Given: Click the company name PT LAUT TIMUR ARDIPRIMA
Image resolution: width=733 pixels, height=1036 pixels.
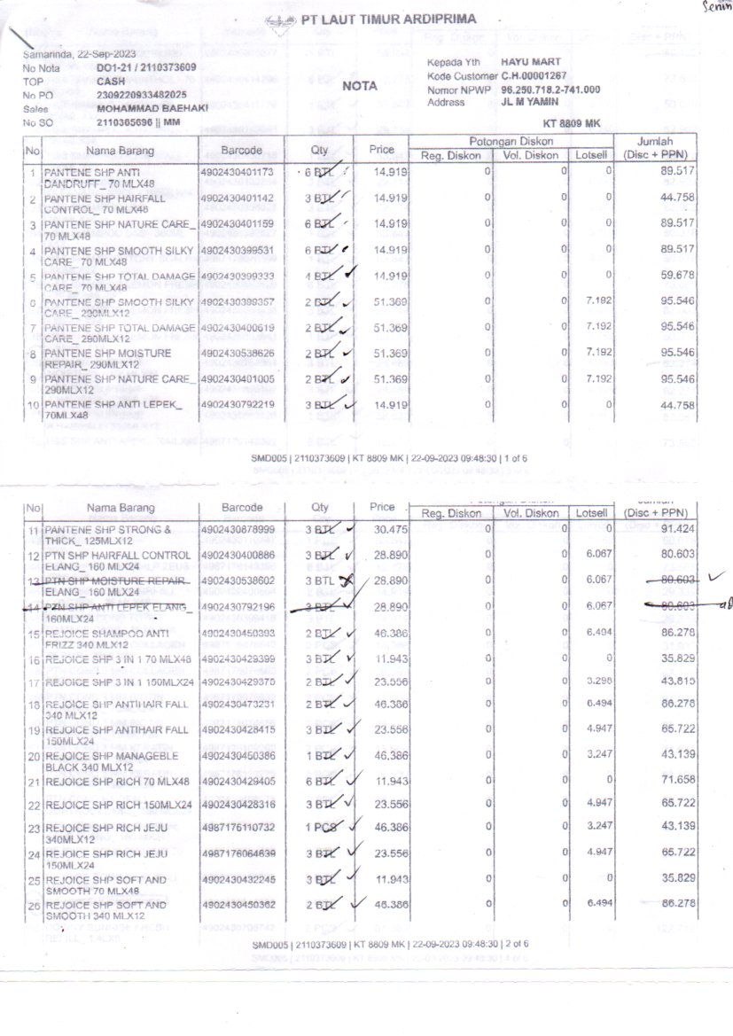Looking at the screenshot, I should [x=388, y=19].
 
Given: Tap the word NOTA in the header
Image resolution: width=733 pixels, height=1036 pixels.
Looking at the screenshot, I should [x=360, y=86].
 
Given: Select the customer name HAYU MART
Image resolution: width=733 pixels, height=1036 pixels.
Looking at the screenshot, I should [x=531, y=62].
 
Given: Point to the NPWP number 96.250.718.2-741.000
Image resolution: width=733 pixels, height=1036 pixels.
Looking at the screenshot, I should [x=550, y=90].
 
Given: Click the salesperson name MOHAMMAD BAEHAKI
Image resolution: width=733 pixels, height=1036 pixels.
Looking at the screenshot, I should [x=152, y=107].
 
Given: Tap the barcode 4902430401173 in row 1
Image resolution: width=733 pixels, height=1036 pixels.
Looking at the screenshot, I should [x=238, y=171].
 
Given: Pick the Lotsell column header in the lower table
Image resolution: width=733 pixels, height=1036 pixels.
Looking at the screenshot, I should [x=591, y=512].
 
